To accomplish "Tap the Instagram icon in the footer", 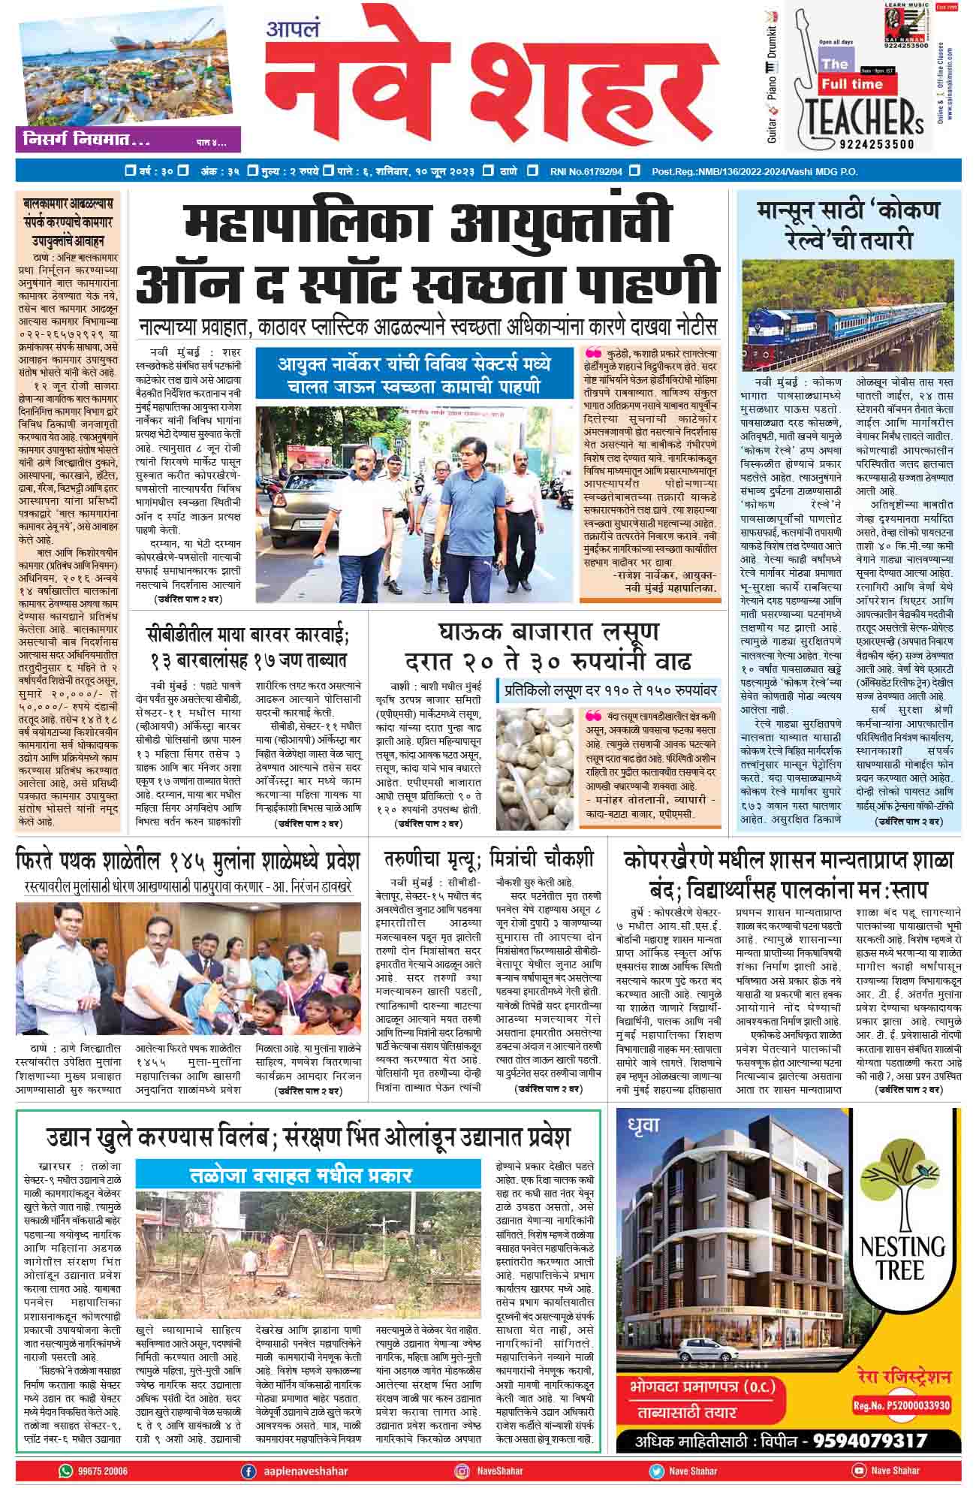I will [462, 1470].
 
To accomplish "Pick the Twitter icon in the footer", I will [656, 1470].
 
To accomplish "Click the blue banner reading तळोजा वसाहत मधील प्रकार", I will [308, 1174].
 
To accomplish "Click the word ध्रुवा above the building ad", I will [639, 1124].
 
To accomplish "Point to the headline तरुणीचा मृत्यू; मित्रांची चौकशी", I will [490, 858].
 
